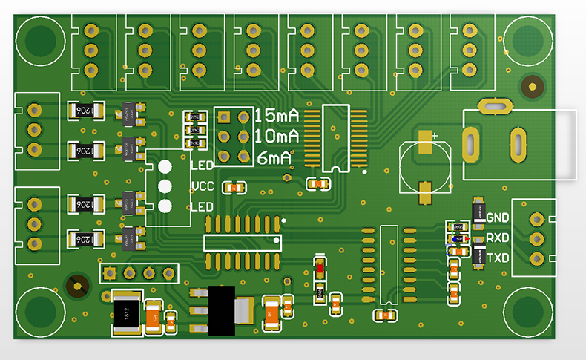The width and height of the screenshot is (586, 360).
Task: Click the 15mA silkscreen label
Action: point(277,116)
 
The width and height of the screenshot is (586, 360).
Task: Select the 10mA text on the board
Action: point(277,137)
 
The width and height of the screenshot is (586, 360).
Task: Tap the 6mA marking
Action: point(274,157)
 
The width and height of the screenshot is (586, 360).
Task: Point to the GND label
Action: point(497,218)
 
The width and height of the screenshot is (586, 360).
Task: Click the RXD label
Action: point(497,238)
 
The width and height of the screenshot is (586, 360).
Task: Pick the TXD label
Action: point(497,258)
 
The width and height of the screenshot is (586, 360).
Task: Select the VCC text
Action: point(203,186)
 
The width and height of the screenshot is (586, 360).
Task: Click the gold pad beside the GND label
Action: point(536,219)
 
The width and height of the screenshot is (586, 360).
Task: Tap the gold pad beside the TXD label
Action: point(536,258)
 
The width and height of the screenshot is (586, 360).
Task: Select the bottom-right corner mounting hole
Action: point(528,312)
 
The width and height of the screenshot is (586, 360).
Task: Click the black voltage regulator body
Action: point(220,310)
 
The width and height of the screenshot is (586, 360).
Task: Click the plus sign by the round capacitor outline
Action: point(435,136)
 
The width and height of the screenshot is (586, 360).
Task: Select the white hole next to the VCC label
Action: point(165,186)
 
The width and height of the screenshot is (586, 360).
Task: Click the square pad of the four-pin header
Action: point(109,273)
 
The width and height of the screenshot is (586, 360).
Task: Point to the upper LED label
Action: point(202,165)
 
